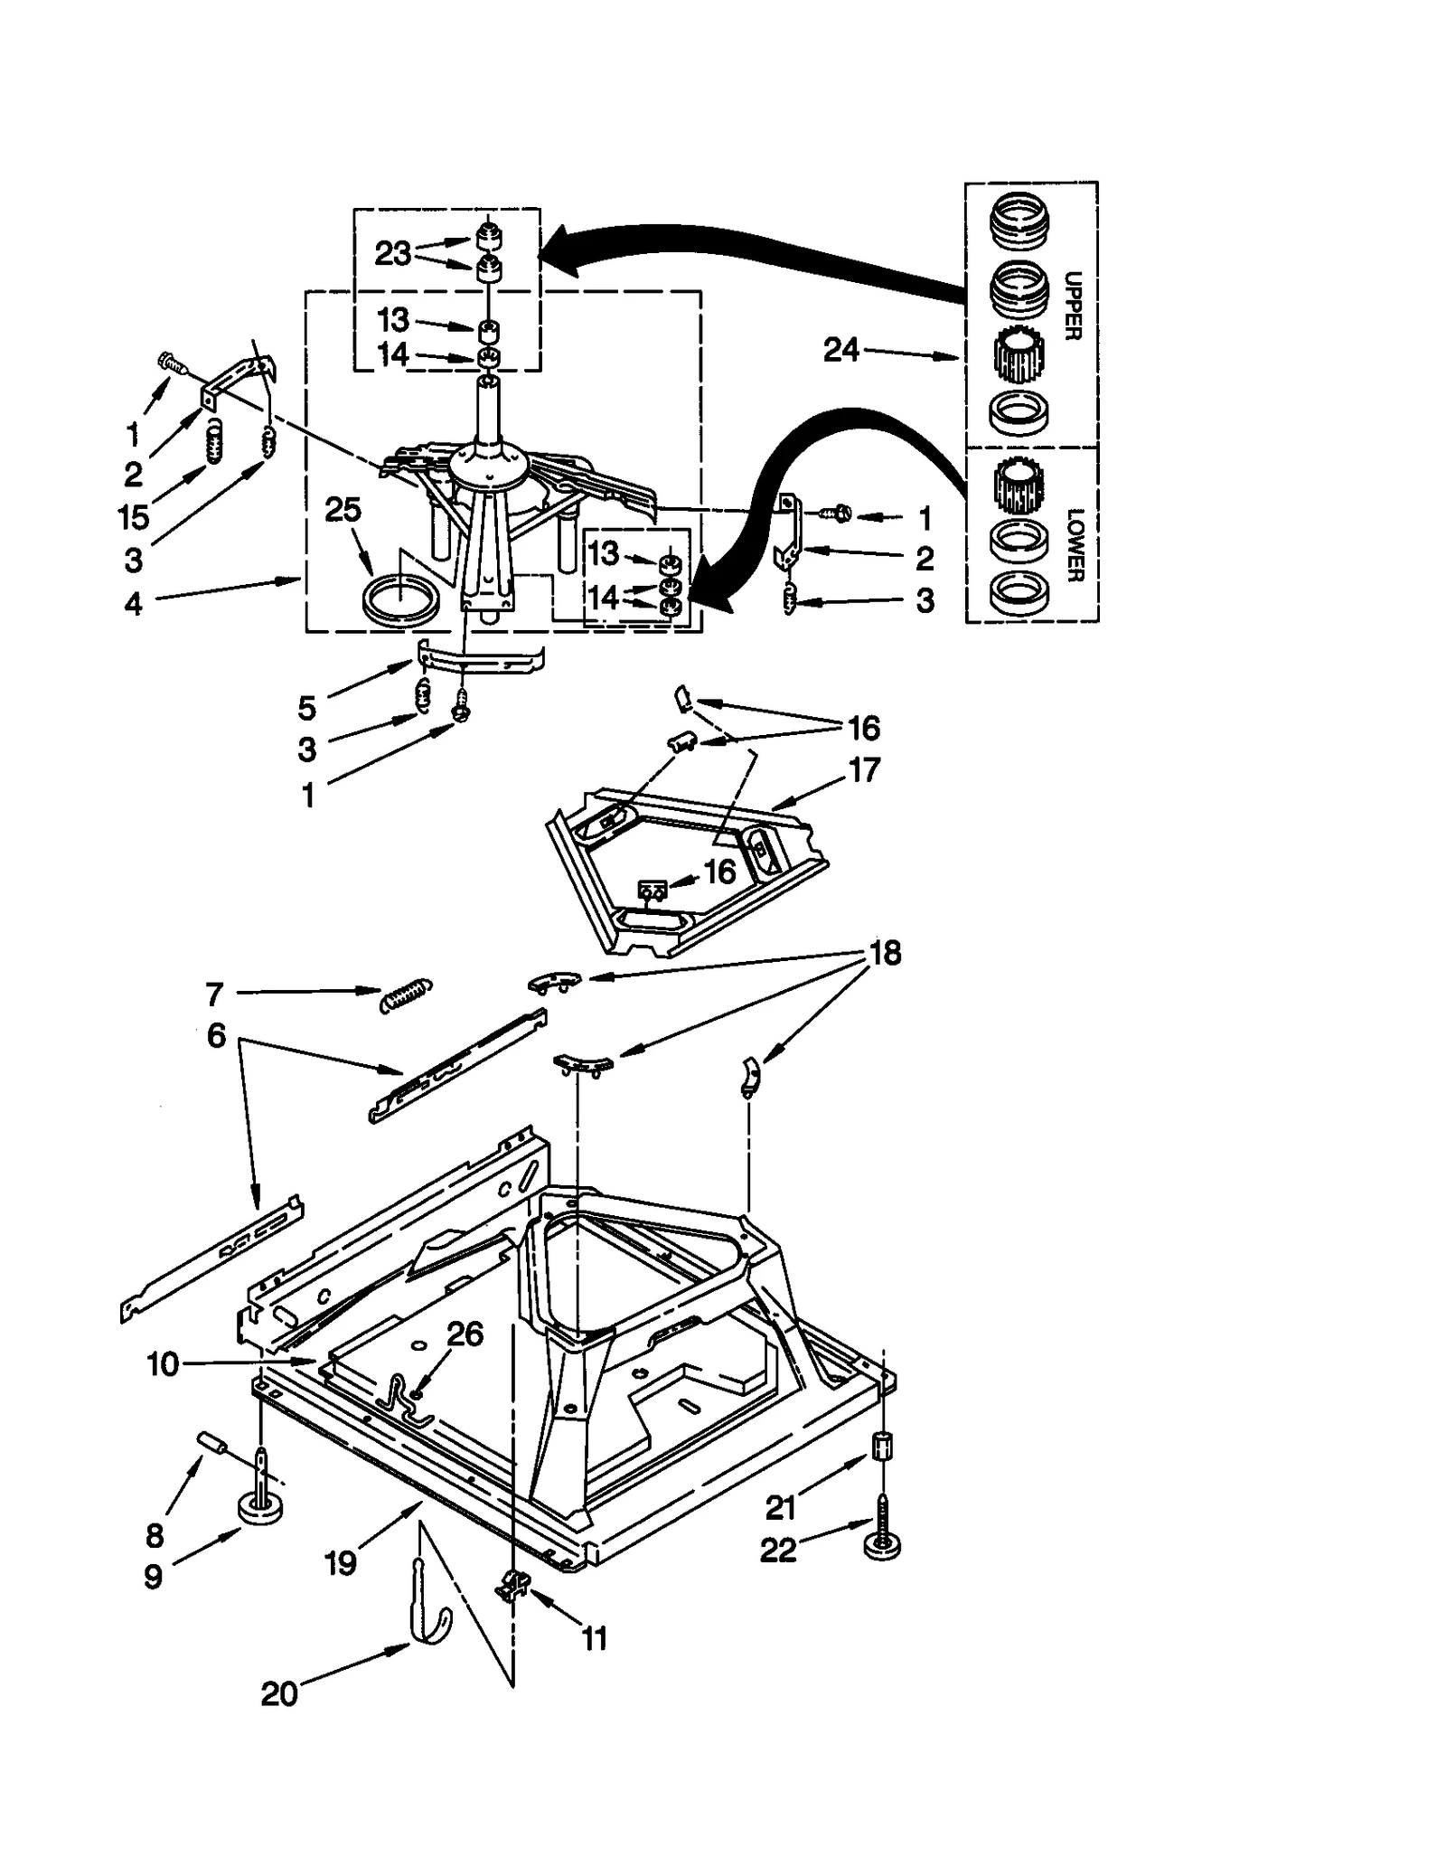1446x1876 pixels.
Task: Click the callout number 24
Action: pyautogui.click(x=840, y=350)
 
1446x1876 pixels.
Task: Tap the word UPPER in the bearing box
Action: pyautogui.click(x=1073, y=306)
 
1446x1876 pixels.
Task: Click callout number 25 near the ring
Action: pyautogui.click(x=343, y=510)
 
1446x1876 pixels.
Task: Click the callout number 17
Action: pyautogui.click(x=863, y=770)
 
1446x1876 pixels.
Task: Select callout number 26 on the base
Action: pyautogui.click(x=465, y=1334)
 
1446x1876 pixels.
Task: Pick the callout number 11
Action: pyautogui.click(x=594, y=1638)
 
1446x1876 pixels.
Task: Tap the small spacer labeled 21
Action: pyautogui.click(x=882, y=1447)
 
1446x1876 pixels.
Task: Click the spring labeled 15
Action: pyautogui.click(x=214, y=441)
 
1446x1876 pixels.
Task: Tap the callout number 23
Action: pyautogui.click(x=392, y=254)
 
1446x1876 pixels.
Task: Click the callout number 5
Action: pyautogui.click(x=307, y=708)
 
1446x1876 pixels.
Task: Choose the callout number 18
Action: pyautogui.click(x=884, y=953)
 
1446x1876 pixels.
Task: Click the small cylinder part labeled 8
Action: pyautogui.click(x=211, y=1443)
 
